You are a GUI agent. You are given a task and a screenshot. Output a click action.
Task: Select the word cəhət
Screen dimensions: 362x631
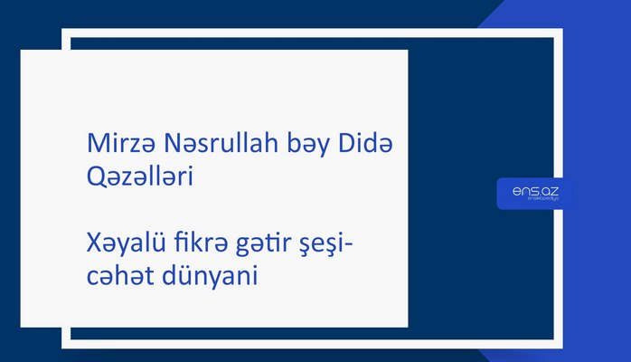(111, 277)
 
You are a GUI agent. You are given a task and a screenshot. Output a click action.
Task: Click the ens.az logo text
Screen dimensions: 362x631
(533, 191)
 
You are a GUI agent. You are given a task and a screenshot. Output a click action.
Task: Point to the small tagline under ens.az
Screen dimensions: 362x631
(533, 202)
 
